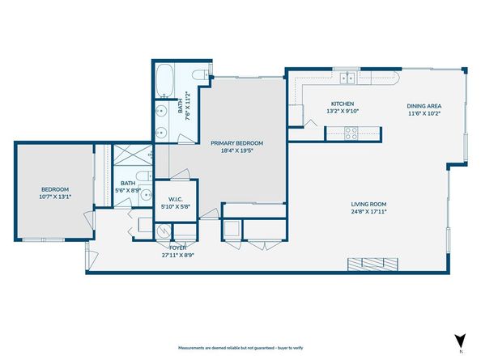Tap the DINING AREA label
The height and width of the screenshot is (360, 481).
424,105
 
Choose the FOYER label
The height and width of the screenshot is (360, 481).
178,247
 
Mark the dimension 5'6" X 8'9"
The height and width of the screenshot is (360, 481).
129,190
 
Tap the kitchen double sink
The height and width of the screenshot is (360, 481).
349,78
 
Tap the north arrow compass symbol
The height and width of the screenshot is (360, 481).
460,344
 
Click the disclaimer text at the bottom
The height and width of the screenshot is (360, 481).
240,345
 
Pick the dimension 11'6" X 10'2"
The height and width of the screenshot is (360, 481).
424,113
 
